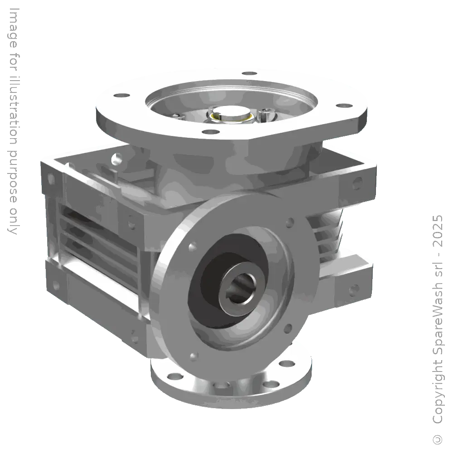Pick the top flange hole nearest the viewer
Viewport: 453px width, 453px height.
coord(208,132)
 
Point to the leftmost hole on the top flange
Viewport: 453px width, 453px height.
coord(120,96)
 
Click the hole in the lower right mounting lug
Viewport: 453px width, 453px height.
coord(354,288)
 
